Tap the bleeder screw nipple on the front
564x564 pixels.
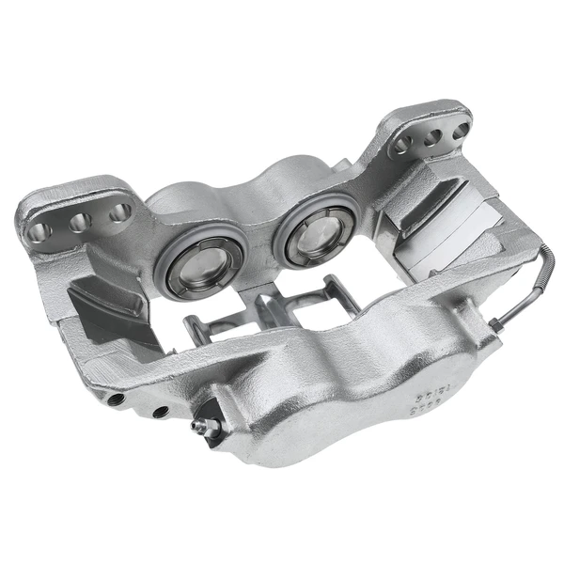coord(199,426)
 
